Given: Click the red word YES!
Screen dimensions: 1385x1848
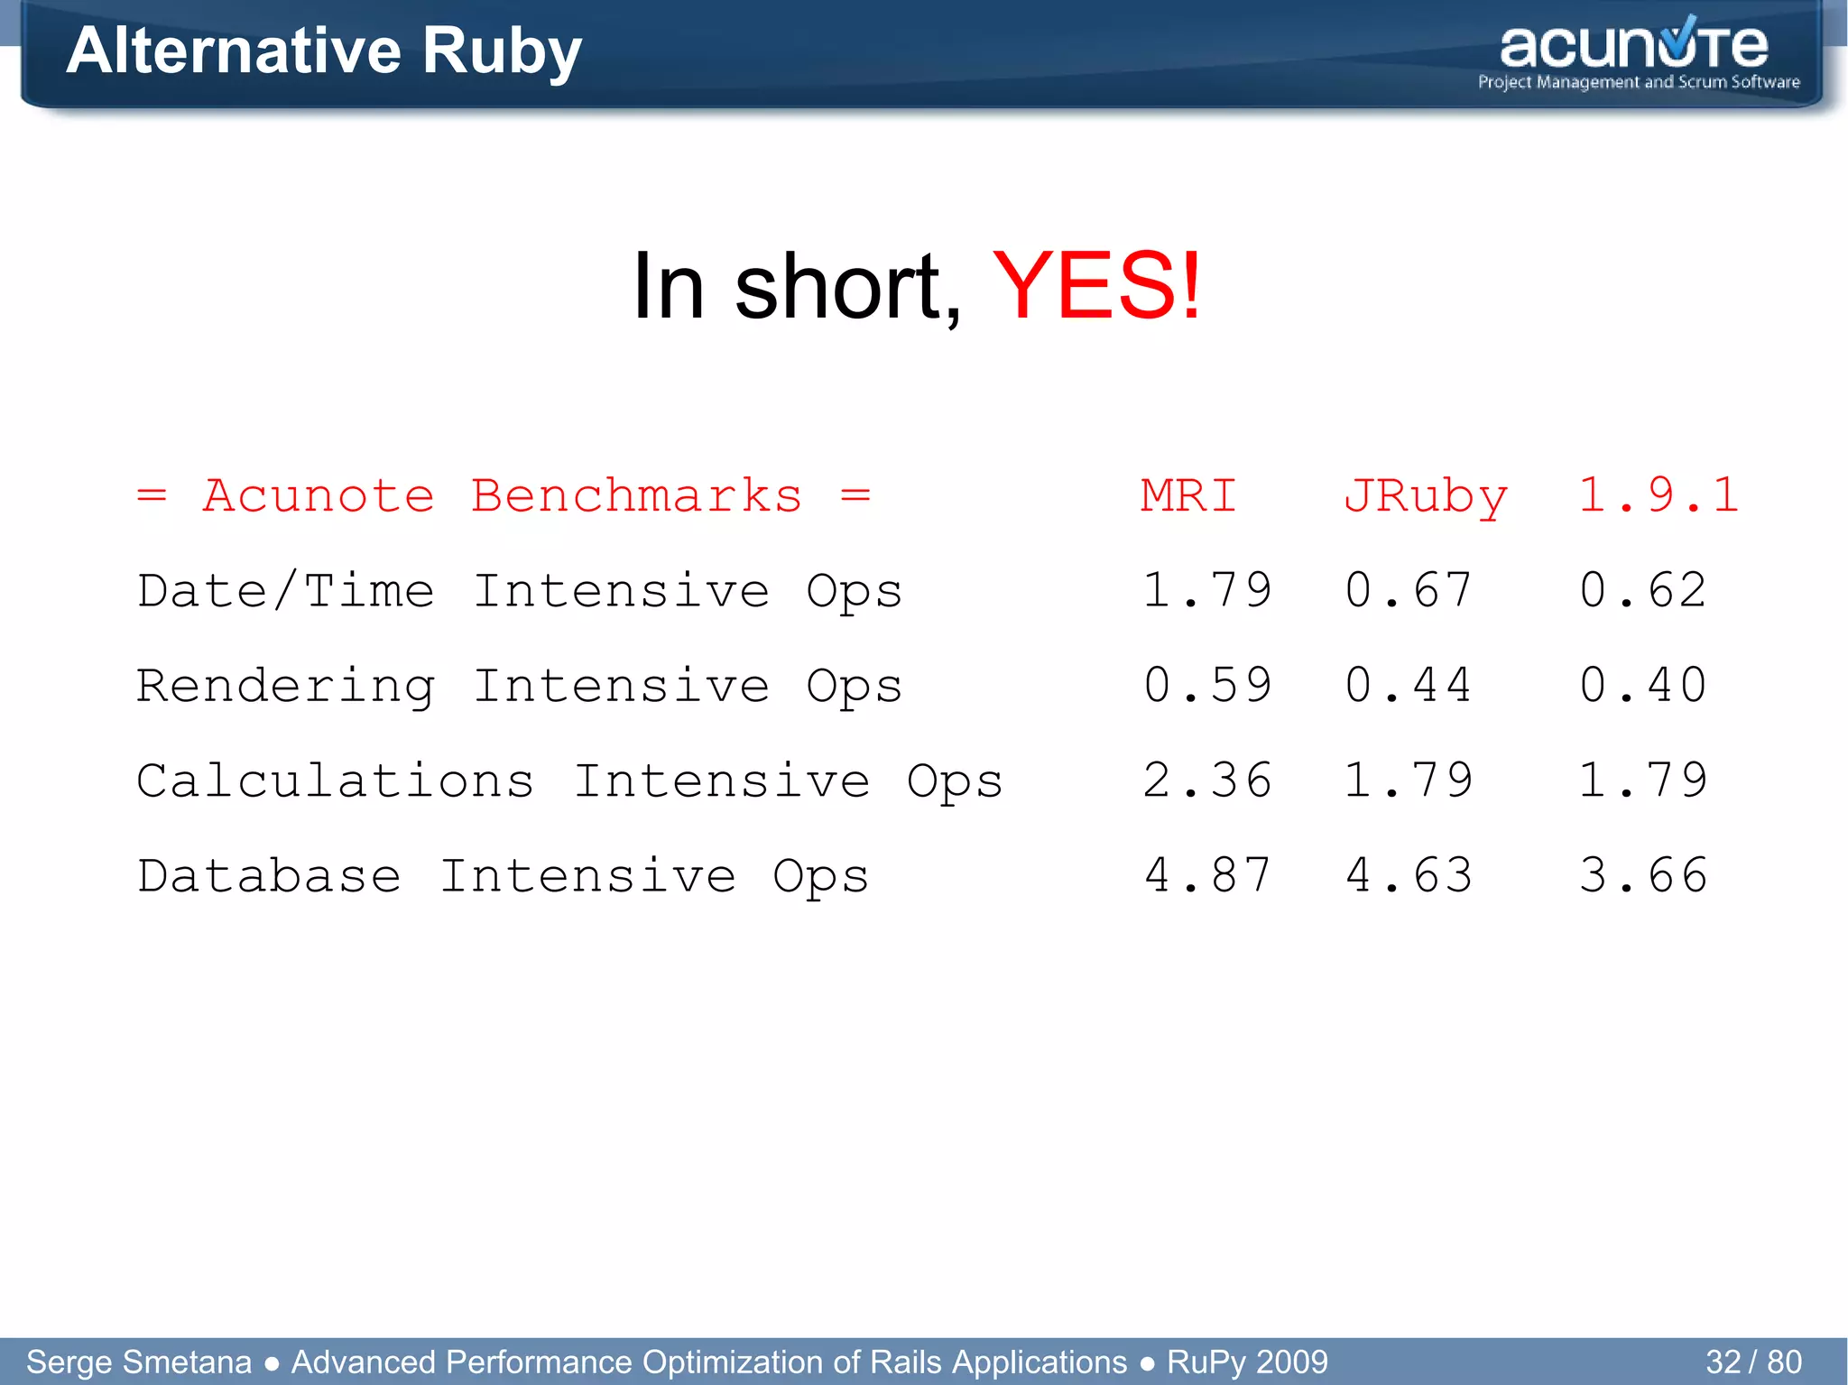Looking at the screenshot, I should pyautogui.click(x=1096, y=287).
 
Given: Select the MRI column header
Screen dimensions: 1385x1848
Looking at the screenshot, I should pyautogui.click(x=1188, y=495).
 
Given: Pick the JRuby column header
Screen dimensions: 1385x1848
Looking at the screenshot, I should pyautogui.click(x=1425, y=497).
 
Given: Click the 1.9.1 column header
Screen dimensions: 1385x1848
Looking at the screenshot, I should pyautogui.click(x=1659, y=495).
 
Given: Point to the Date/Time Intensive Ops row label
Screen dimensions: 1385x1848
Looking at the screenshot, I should pyautogui.click(x=520, y=592).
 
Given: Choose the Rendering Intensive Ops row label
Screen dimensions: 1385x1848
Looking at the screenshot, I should pyautogui.click(x=520, y=687).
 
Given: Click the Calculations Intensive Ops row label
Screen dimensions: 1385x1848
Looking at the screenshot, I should pyautogui.click(x=569, y=781).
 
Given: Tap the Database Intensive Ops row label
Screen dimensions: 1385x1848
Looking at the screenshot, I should pyautogui.click(x=503, y=876).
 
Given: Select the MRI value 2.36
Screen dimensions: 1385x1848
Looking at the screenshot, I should pyautogui.click(x=1207, y=780).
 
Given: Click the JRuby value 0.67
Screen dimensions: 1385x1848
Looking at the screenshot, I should pyautogui.click(x=1409, y=591).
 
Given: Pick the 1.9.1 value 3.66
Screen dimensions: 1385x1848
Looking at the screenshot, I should pyautogui.click(x=1643, y=875).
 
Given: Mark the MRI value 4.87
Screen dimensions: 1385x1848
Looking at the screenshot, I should pyautogui.click(x=1207, y=875).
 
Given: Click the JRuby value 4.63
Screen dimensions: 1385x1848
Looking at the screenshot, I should pyautogui.click(x=1409, y=875).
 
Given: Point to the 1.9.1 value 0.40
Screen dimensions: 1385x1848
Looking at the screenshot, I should pyautogui.click(x=1643, y=686).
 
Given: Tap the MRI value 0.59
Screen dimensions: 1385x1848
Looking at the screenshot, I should pyautogui.click(x=1207, y=686).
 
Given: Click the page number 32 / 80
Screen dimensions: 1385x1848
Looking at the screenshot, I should pyautogui.click(x=1753, y=1362).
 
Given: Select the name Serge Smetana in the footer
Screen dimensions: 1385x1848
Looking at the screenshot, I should pyautogui.click(x=139, y=1362).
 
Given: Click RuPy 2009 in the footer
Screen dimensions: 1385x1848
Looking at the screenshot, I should pyautogui.click(x=1247, y=1362).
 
